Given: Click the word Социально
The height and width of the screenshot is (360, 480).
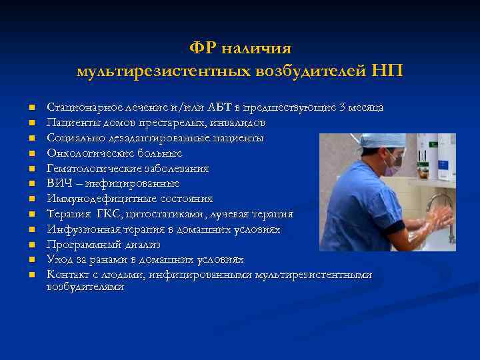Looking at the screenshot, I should pos(72,138).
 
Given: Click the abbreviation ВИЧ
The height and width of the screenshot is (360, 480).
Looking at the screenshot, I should pos(59,183).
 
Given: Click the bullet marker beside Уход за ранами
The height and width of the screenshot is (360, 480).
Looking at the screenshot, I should pos(31,260).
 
